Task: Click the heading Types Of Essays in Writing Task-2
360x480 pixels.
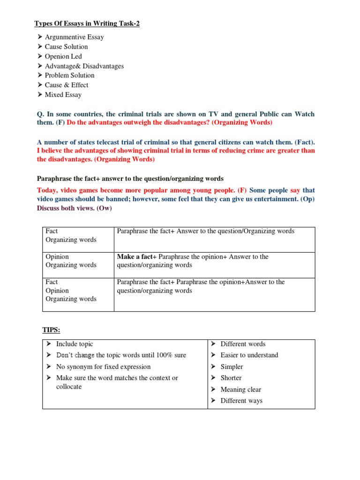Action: (87, 24)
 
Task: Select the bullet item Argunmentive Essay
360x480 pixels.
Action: (74, 37)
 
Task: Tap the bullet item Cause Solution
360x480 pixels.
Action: (66, 46)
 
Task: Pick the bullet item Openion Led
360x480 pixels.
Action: (63, 56)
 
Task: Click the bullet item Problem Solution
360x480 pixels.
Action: (69, 75)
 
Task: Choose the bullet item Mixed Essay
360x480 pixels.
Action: (63, 95)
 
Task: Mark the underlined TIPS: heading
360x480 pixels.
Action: (52, 330)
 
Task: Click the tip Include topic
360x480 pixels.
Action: (75, 344)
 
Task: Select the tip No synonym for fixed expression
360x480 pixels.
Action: (103, 367)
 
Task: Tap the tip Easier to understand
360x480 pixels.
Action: (249, 355)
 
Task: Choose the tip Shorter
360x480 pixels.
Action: (231, 378)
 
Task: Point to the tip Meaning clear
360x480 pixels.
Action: (240, 390)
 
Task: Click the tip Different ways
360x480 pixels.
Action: (241, 401)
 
